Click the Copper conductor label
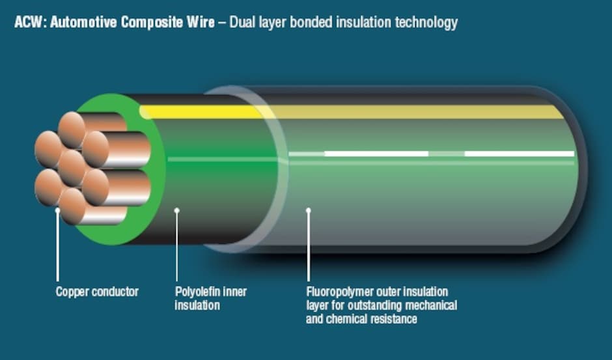coord(97,292)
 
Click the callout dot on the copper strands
coord(58,210)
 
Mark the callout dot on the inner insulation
coord(176,210)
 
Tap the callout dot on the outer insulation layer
coord(309,210)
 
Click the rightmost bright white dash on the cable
coord(519,154)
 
